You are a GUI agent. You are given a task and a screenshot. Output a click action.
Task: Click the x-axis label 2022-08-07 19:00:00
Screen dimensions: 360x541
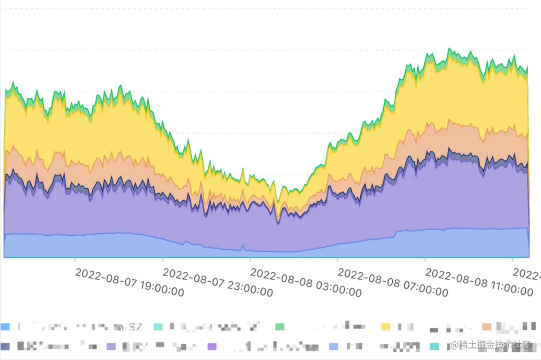coord(129,282)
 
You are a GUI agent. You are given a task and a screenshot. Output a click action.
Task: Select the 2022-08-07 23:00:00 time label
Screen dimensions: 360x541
coord(217,282)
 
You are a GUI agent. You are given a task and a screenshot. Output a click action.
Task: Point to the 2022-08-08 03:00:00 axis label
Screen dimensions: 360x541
coord(305,282)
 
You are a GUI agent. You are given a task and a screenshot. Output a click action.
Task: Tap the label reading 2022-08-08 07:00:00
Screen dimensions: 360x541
coord(393,282)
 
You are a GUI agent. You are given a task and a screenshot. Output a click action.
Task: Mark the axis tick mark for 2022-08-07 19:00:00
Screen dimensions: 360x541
coord(75,260)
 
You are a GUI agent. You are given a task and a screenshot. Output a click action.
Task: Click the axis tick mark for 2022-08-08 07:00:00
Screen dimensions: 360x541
coord(338,260)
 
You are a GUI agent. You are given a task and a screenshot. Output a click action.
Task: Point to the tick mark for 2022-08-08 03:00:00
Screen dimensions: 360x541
coord(250,260)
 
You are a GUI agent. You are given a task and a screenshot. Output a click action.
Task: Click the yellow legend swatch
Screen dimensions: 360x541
coord(386,327)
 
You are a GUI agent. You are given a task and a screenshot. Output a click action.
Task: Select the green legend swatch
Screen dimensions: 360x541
coord(280,327)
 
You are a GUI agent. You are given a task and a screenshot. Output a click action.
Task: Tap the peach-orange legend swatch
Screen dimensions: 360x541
coord(486,327)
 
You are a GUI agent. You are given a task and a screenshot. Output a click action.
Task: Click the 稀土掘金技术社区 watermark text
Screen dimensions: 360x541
coord(494,345)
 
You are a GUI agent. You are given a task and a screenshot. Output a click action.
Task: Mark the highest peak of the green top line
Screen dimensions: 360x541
coord(449,49)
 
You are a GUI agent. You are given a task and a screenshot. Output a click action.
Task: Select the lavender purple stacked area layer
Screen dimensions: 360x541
coord(150,215)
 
